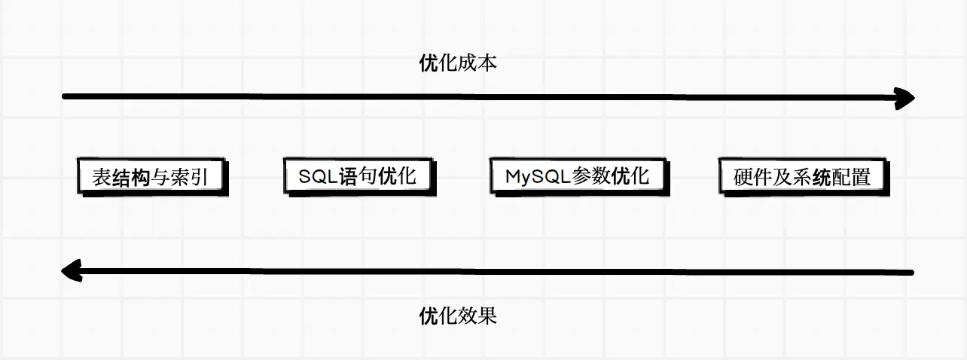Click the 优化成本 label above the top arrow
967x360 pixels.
pos(458,63)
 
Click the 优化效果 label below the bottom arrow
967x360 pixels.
pos(458,315)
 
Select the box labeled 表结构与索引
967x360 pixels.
pos(152,177)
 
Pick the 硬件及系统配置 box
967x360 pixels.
pos(801,177)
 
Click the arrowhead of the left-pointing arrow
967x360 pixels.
pos(71,270)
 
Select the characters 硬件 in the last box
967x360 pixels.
pos(752,178)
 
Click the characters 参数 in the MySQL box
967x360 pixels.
pos(592,177)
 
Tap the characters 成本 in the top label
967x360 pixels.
pos(477,63)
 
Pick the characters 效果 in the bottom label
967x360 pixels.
pos(477,315)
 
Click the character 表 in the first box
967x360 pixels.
pos(101,178)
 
